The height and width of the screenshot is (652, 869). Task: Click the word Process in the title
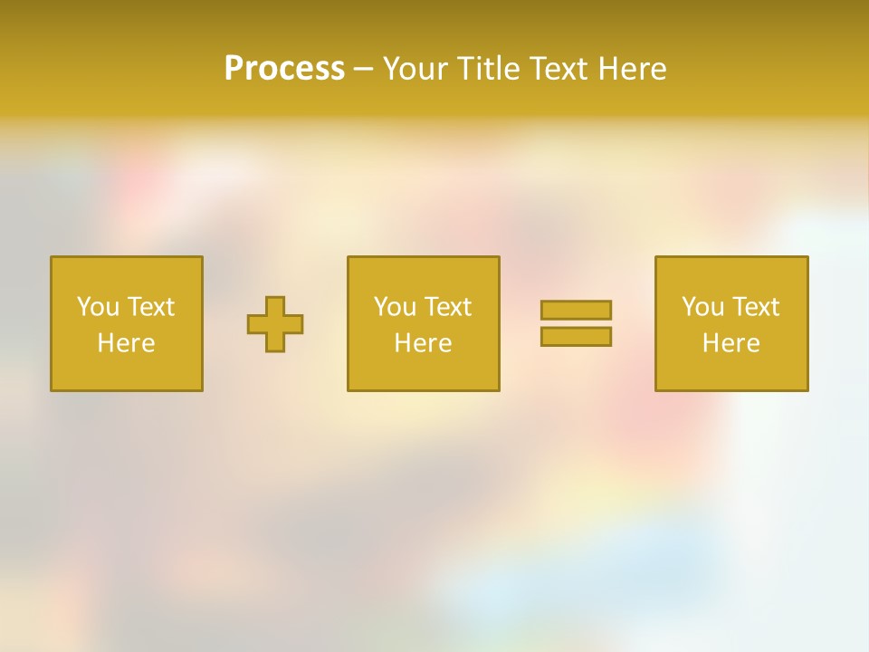(x=284, y=69)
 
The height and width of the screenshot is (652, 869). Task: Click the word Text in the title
(x=558, y=69)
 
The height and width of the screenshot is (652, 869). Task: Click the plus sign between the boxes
(x=275, y=324)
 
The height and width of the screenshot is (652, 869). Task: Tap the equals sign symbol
(x=576, y=323)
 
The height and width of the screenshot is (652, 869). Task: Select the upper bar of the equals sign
(x=576, y=310)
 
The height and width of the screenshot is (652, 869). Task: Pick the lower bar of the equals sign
(x=576, y=337)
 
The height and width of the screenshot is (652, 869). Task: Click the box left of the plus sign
(x=127, y=323)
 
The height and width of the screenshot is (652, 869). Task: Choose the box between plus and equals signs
(x=423, y=323)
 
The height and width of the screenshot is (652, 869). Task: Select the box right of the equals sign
(x=731, y=323)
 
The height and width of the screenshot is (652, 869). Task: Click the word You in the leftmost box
(x=98, y=307)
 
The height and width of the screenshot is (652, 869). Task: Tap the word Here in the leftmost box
(x=127, y=343)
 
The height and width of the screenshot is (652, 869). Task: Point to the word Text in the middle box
(x=447, y=307)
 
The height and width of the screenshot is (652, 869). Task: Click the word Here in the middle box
(x=423, y=343)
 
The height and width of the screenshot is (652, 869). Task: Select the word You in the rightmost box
(x=702, y=307)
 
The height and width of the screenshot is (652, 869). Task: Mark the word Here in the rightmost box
(x=731, y=343)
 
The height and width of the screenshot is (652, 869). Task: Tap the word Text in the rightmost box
(x=755, y=307)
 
